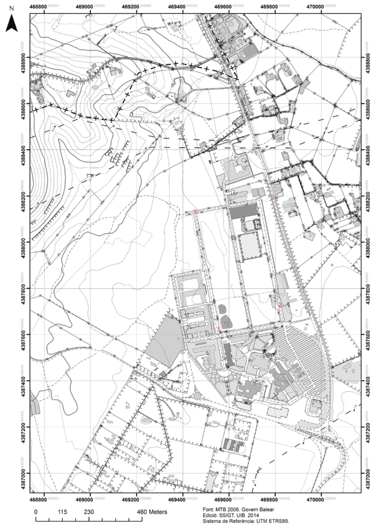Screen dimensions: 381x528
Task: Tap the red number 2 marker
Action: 280,304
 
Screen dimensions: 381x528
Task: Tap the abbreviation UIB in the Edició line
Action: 251,515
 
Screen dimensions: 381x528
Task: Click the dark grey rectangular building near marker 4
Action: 243,212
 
